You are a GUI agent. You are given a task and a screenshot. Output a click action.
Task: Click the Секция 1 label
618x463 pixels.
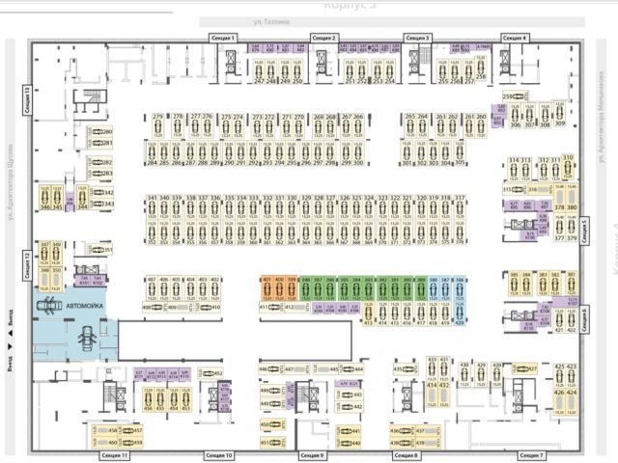coord(223,38)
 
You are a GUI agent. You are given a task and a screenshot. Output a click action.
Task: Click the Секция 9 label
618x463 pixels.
coord(313,454)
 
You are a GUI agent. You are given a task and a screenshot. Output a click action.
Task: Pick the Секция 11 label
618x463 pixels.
coord(114,454)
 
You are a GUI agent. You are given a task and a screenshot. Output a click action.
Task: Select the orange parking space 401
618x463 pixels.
coord(267,287)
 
